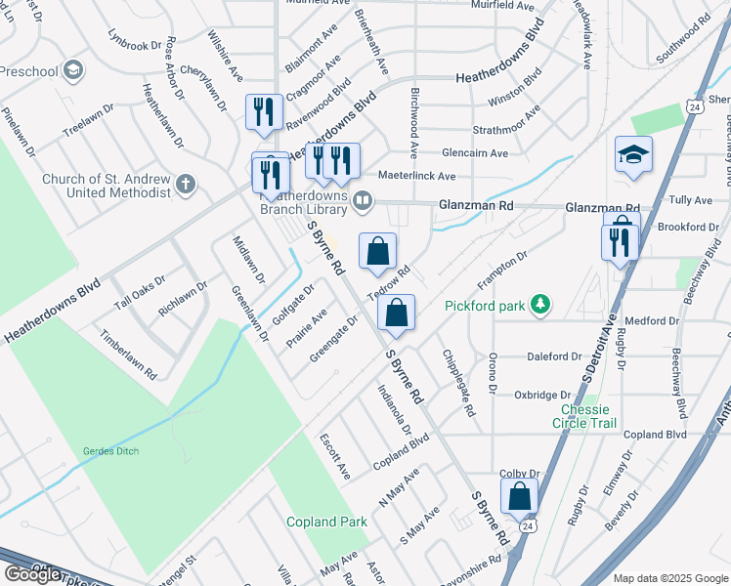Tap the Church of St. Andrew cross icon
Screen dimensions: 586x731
(x=185, y=184)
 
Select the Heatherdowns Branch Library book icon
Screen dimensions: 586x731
(x=363, y=201)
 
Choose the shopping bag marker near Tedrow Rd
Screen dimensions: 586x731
(x=377, y=253)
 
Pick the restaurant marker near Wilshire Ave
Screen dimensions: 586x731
(x=264, y=112)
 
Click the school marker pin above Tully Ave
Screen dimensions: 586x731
(x=633, y=155)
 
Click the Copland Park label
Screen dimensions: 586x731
(x=326, y=522)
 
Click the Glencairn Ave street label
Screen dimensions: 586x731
(x=474, y=153)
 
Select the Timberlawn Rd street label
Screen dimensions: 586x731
(x=128, y=354)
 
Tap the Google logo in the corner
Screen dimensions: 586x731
(x=33, y=574)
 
